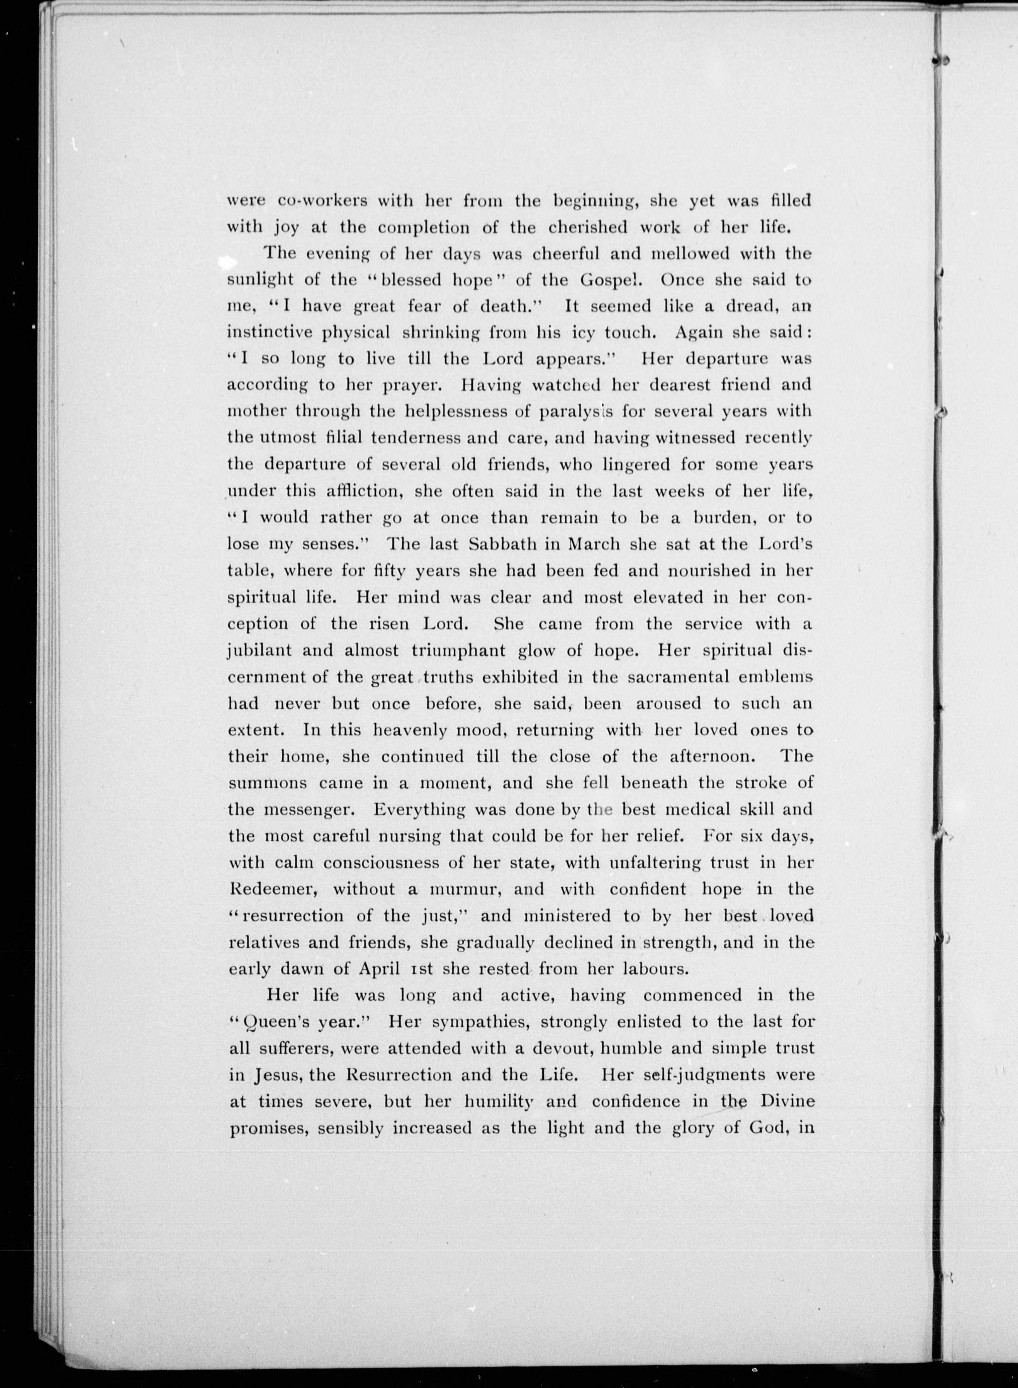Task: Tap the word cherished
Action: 571,228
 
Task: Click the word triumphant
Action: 460,651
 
